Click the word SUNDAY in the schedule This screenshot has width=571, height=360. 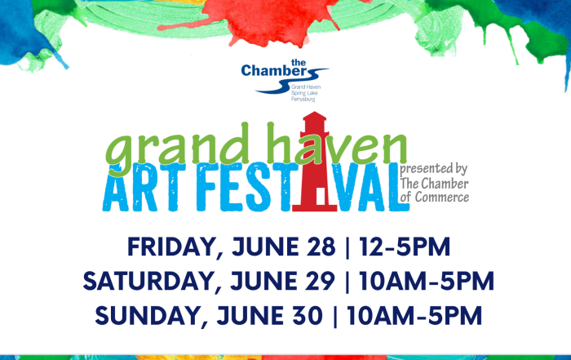pos(150,316)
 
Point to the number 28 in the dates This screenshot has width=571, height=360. pos(321,247)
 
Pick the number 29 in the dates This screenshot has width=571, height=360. pos(320,281)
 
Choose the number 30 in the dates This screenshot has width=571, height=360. pos(308,315)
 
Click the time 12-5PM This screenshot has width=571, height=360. pos(405,247)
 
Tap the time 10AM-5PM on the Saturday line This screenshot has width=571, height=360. pos(427,281)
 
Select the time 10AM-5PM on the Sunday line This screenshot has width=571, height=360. pos(414,315)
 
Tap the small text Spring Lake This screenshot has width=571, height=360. pos(304,93)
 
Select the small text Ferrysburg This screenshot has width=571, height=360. pos(303,99)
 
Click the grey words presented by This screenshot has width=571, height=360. pos(433,170)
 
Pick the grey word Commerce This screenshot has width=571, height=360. pos(442,197)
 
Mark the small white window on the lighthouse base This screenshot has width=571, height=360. pos(321,197)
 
